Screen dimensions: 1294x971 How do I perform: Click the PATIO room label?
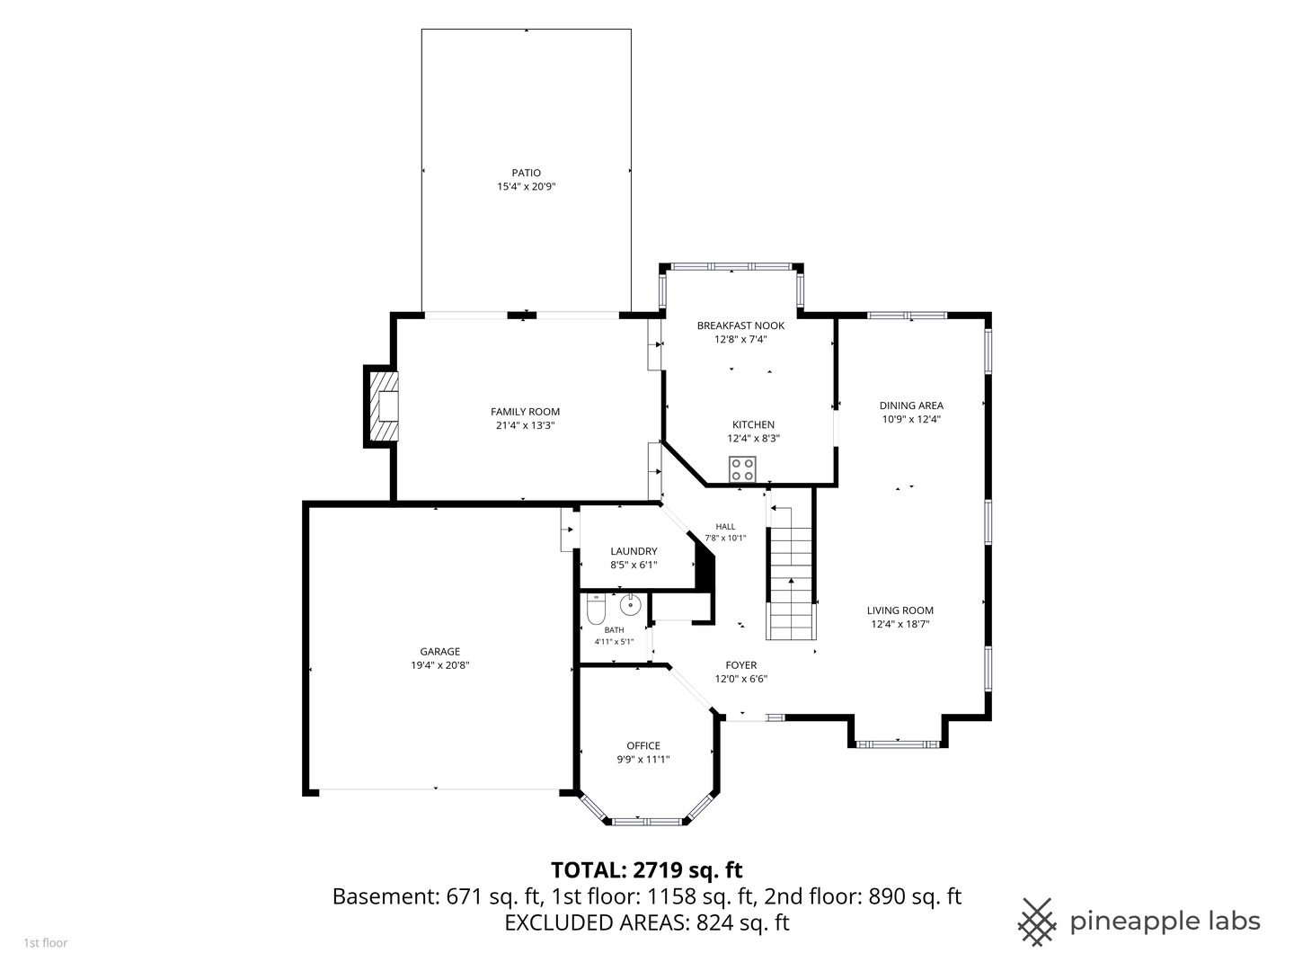pyautogui.click(x=526, y=173)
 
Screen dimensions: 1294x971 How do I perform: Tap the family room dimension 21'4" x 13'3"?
pyautogui.click(x=526, y=425)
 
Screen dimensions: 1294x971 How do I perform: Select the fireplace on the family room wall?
pyautogui.click(x=381, y=406)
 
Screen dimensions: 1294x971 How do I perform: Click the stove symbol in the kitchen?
pyautogui.click(x=742, y=469)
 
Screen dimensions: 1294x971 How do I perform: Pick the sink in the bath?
pyautogui.click(x=630, y=605)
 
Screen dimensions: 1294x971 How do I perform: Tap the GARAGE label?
pyautogui.click(x=439, y=652)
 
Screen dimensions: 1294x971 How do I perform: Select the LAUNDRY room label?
pyautogui.click(x=634, y=551)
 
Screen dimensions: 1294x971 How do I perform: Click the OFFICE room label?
pyautogui.click(x=643, y=746)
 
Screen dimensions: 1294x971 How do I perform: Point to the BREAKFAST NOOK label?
pyautogui.click(x=741, y=325)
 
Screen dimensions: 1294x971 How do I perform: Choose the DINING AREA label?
pyautogui.click(x=911, y=405)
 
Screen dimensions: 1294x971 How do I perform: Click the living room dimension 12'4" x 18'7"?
pyautogui.click(x=900, y=624)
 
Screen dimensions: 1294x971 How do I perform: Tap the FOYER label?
pyautogui.click(x=741, y=665)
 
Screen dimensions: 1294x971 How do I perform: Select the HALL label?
pyautogui.click(x=725, y=527)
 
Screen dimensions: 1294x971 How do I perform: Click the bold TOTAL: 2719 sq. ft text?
pyautogui.click(x=647, y=869)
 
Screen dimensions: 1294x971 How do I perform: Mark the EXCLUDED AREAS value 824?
pyautogui.click(x=714, y=922)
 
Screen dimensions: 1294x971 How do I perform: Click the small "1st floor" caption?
pyautogui.click(x=46, y=943)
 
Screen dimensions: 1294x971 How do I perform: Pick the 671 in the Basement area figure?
pyautogui.click(x=464, y=896)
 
